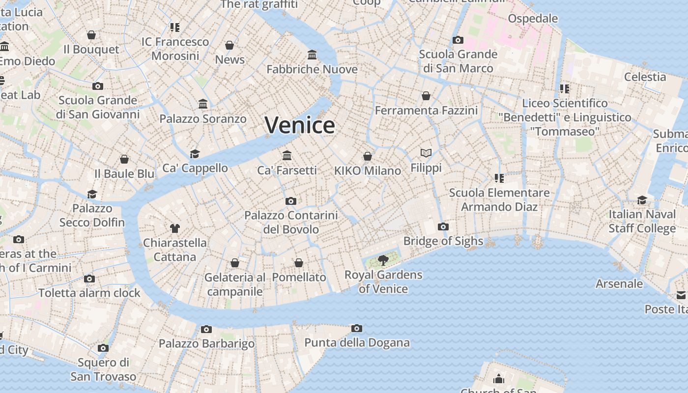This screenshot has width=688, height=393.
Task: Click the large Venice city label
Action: point(300,125)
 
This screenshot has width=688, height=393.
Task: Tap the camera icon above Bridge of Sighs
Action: point(443,226)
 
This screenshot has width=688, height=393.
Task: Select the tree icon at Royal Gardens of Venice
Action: point(383,260)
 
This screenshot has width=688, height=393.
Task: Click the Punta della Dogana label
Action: point(357,342)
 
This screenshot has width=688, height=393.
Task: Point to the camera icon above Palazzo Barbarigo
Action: point(206,329)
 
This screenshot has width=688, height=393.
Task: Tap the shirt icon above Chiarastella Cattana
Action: point(175,228)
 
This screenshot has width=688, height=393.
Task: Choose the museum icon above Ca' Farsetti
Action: point(287,156)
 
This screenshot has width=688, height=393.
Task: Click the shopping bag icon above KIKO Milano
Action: point(368,156)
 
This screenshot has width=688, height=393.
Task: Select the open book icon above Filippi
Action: point(426,153)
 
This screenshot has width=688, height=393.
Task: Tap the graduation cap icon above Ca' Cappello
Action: point(195,154)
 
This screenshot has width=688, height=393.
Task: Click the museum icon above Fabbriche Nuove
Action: point(312,55)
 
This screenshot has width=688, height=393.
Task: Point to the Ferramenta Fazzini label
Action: point(426,111)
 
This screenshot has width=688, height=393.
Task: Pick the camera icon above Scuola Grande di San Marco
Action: point(458,40)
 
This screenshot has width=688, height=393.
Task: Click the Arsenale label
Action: point(619,283)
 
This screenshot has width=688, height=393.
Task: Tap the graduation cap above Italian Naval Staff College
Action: point(642,200)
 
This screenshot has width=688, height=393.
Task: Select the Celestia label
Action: point(645,77)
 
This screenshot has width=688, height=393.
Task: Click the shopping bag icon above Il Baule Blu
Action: point(124,159)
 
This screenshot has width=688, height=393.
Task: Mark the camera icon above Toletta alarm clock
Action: point(89,279)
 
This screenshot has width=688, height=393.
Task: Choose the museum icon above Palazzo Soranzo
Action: point(203,104)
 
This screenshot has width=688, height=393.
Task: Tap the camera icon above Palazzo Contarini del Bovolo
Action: point(291,201)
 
